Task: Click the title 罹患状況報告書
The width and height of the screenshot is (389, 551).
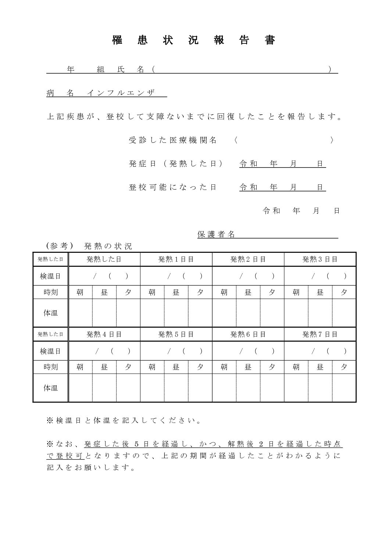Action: pos(194,40)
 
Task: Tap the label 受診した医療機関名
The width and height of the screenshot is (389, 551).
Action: pos(173,140)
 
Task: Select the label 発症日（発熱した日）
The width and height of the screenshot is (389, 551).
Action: pos(176,164)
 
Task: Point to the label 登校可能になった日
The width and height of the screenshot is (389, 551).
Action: pos(173,187)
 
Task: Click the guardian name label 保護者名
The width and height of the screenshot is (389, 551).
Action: pos(216,234)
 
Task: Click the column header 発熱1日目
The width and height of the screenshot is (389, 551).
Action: pos(176,259)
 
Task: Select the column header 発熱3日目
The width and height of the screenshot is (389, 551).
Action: pos(320,259)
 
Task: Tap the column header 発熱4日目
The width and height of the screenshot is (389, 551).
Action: pos(104,334)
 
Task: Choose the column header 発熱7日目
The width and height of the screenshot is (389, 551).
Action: pos(320,334)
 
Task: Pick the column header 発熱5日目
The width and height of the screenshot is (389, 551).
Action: pos(176,334)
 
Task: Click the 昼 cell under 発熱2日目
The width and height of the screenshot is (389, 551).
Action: pos(248,292)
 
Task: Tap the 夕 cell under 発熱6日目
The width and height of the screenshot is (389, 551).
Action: pos(272,367)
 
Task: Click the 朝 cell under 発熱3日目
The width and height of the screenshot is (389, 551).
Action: pos(296,292)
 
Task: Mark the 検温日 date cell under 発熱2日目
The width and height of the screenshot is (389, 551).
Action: pos(248,276)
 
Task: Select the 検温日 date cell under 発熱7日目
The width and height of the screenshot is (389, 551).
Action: pos(320,351)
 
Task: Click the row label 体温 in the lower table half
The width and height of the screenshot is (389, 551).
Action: pos(51,388)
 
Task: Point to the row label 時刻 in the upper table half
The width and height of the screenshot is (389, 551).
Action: pos(51,292)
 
